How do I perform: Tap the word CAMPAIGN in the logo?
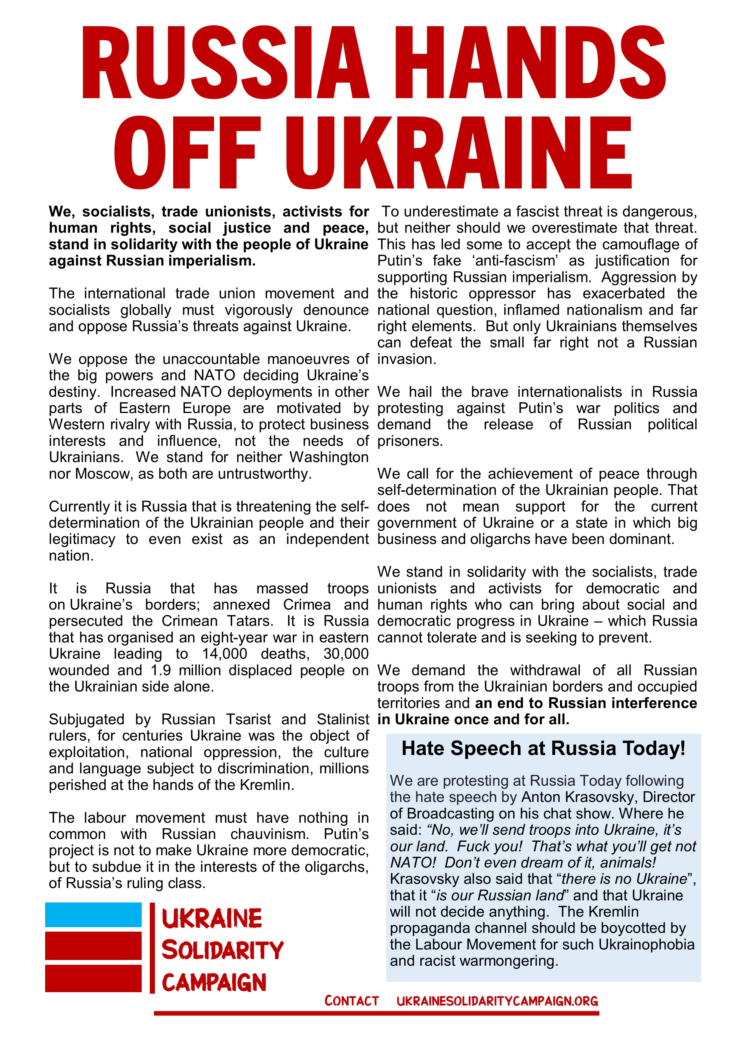point(214,983)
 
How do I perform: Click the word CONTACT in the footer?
point(352,1001)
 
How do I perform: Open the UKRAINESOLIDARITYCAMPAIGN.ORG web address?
point(497,1001)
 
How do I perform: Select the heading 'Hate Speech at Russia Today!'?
point(543,749)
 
